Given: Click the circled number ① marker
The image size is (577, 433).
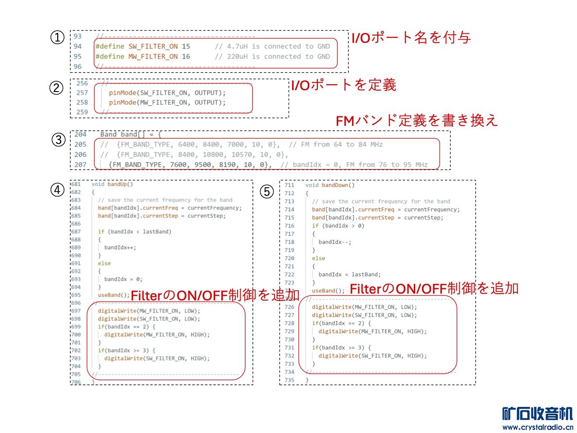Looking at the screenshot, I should tap(57, 37).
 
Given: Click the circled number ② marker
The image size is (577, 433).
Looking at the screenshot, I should tap(56, 88).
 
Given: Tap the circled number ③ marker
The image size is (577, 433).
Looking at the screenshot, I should tap(59, 139).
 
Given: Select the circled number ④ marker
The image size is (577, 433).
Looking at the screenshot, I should tap(57, 190).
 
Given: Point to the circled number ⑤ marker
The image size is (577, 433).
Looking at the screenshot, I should tap(267, 192).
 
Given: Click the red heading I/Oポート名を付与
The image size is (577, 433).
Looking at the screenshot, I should tap(411, 37).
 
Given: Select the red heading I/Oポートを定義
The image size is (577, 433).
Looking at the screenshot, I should tap(343, 85).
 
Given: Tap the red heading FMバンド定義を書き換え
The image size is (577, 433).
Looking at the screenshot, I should tap(417, 120).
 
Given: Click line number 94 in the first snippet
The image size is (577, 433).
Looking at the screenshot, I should tap(78, 46).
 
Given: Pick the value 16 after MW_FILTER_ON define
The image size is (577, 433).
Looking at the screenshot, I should tap(186, 56).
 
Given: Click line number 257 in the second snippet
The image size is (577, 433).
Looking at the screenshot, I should tap(82, 93).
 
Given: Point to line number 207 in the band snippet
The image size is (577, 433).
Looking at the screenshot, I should tap(80, 165).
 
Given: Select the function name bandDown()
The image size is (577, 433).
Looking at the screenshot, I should tap(338, 185).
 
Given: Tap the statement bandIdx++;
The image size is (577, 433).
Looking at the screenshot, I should tap(120, 248).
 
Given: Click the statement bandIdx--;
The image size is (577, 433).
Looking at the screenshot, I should tap(334, 242).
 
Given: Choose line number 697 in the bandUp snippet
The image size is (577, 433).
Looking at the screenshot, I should tap(76, 311).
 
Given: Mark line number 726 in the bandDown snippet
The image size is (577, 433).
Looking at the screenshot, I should tap(289, 307).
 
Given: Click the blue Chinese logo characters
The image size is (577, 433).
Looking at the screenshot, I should tap(537, 414).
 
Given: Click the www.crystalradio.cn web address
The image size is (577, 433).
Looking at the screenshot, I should tap(537, 427).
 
